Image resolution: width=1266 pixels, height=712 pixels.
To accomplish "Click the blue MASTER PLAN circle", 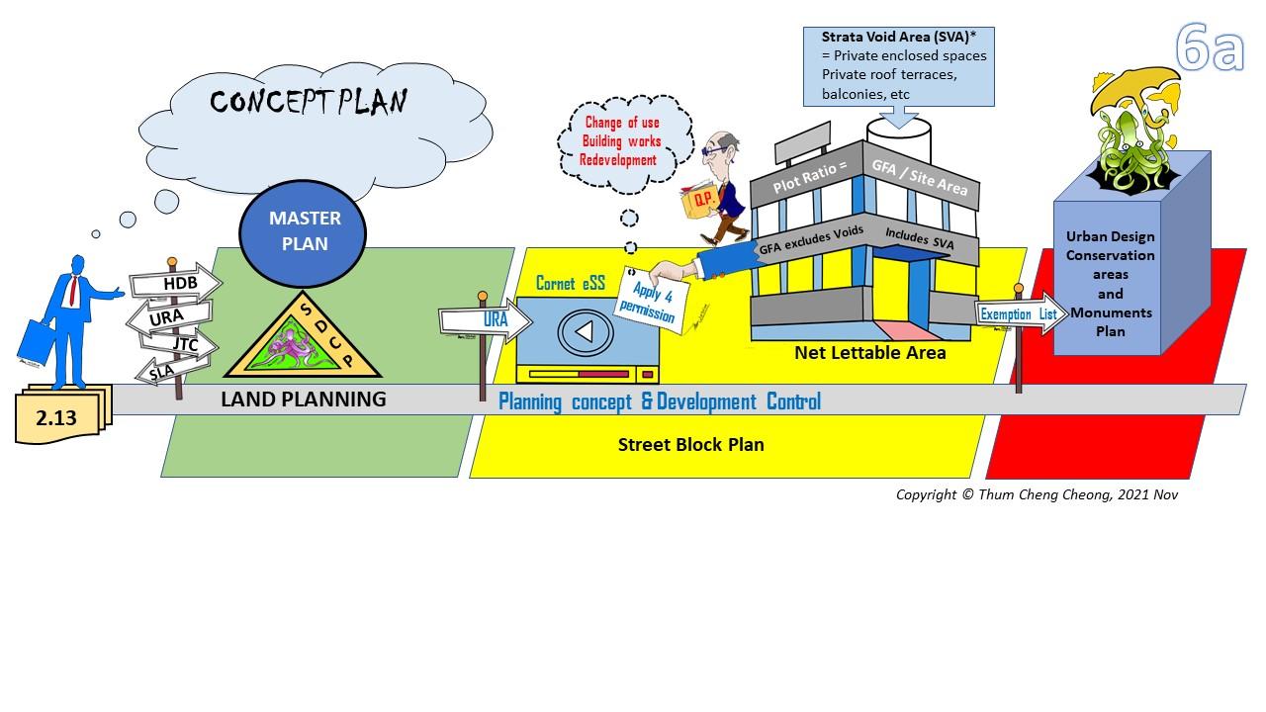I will tap(304, 229).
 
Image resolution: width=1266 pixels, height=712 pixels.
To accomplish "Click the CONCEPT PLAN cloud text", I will tap(308, 102).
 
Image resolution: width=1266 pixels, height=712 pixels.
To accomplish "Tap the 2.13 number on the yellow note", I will tap(56, 418).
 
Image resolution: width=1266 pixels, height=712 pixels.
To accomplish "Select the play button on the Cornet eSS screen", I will tap(584, 331).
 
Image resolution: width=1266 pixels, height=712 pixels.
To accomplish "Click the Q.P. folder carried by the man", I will tap(703, 199).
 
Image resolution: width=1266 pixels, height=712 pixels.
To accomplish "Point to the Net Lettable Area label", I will tap(869, 352).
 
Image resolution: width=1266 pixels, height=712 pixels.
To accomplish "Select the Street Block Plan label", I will tap(690, 444).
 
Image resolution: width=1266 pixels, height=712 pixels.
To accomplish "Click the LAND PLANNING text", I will tap(303, 400).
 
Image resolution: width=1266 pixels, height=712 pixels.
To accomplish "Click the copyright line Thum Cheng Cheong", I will tap(1037, 494).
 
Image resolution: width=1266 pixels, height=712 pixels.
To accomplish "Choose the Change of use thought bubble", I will tap(620, 141).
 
